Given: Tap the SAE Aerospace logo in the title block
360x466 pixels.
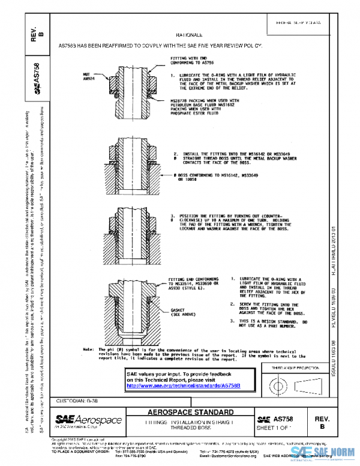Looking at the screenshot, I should tap(89, 420).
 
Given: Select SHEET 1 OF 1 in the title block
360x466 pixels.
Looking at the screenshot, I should tap(273, 428).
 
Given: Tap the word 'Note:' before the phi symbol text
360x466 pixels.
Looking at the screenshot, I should tap(89, 349).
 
